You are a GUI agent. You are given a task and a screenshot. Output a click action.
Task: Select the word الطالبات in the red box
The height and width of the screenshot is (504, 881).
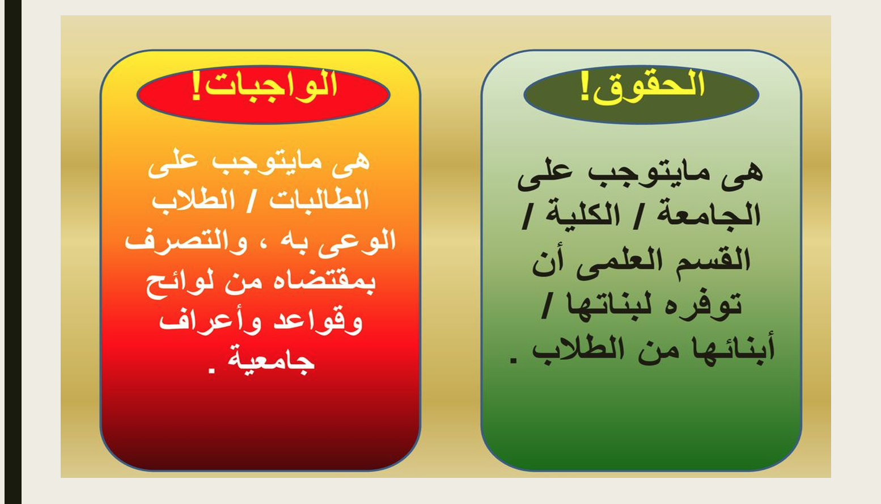click(x=319, y=200)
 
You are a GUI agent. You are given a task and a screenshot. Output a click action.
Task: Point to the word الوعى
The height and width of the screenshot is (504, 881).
click(x=357, y=242)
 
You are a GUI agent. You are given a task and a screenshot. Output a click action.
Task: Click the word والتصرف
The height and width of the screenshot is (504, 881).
click(x=186, y=241)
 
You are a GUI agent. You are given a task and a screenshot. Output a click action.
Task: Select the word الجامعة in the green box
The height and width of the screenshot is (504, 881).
click(x=709, y=215)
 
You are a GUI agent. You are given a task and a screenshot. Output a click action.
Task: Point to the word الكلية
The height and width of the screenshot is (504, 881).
click(x=582, y=215)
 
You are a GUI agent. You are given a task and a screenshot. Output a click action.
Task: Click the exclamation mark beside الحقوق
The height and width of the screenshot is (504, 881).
click(x=585, y=87)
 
